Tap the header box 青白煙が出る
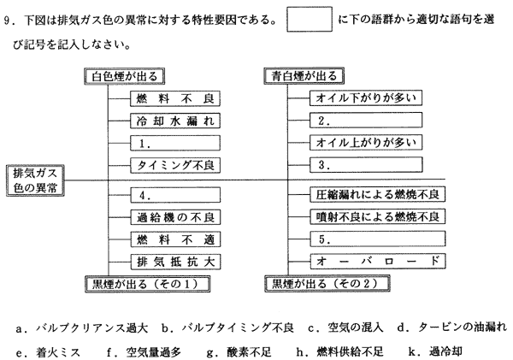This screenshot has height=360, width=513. [305, 77]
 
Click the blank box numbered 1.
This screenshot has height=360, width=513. [176, 142]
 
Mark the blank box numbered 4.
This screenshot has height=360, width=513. [176, 195]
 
